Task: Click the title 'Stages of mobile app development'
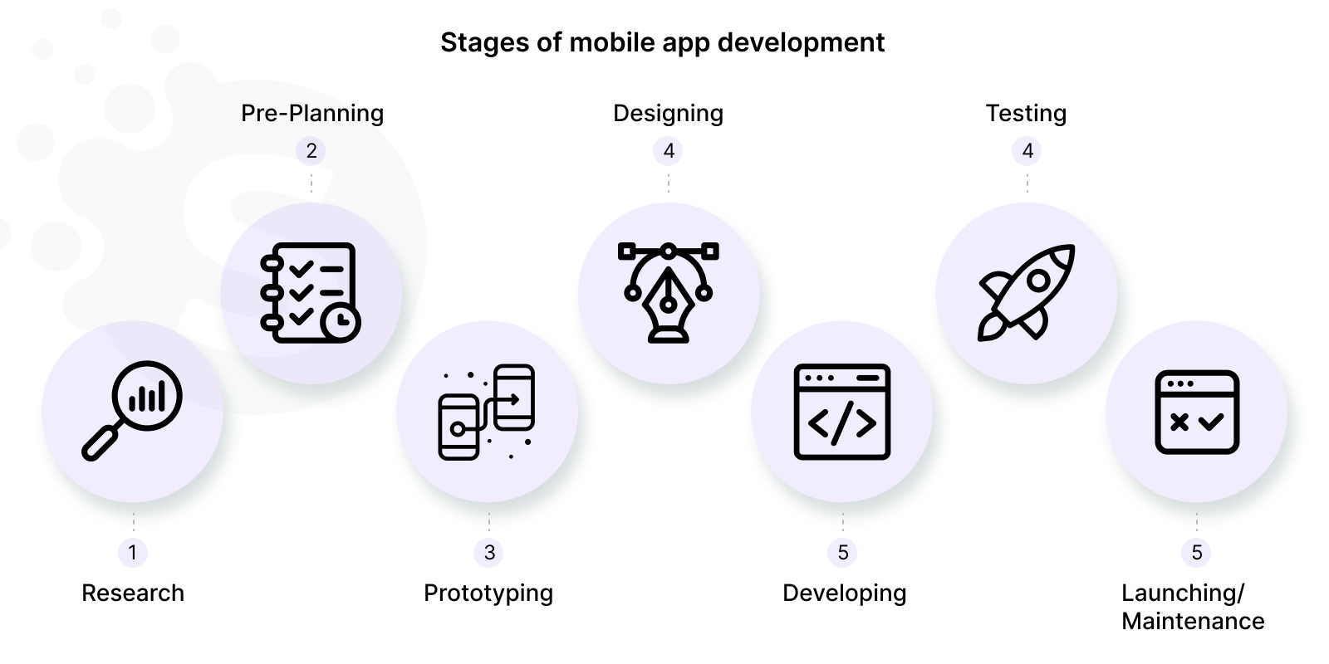662,42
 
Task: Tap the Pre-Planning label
312,113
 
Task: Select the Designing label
668,113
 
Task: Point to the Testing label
1026,113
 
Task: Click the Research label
133,593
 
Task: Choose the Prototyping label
488,593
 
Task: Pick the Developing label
844,593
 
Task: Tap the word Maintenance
1193,621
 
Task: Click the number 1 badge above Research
133,552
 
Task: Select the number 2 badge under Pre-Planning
311,150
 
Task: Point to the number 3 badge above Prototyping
489,552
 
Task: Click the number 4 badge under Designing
669,150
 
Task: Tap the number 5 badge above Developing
843,552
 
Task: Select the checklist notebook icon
309,292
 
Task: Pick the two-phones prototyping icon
487,412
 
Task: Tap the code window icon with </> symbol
842,412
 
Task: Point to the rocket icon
1027,292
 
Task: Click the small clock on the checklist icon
341,323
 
